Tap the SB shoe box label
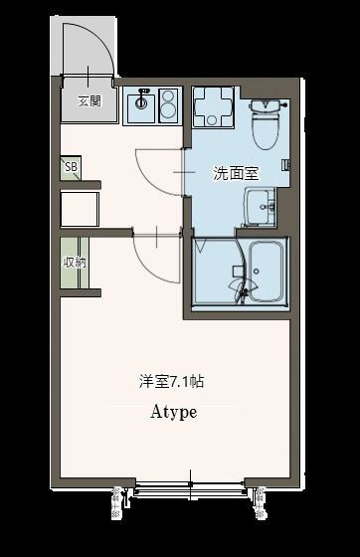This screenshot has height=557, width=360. (71, 167)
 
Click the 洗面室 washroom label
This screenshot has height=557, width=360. (236, 172)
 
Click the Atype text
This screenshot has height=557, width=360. (173, 412)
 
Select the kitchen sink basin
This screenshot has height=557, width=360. (141, 102)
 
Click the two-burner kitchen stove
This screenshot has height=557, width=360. (167, 102)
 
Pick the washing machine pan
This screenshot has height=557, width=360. (213, 106)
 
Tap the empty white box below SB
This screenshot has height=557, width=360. (80, 209)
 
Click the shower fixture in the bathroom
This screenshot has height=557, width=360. (240, 287)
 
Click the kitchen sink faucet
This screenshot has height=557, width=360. (141, 94)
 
